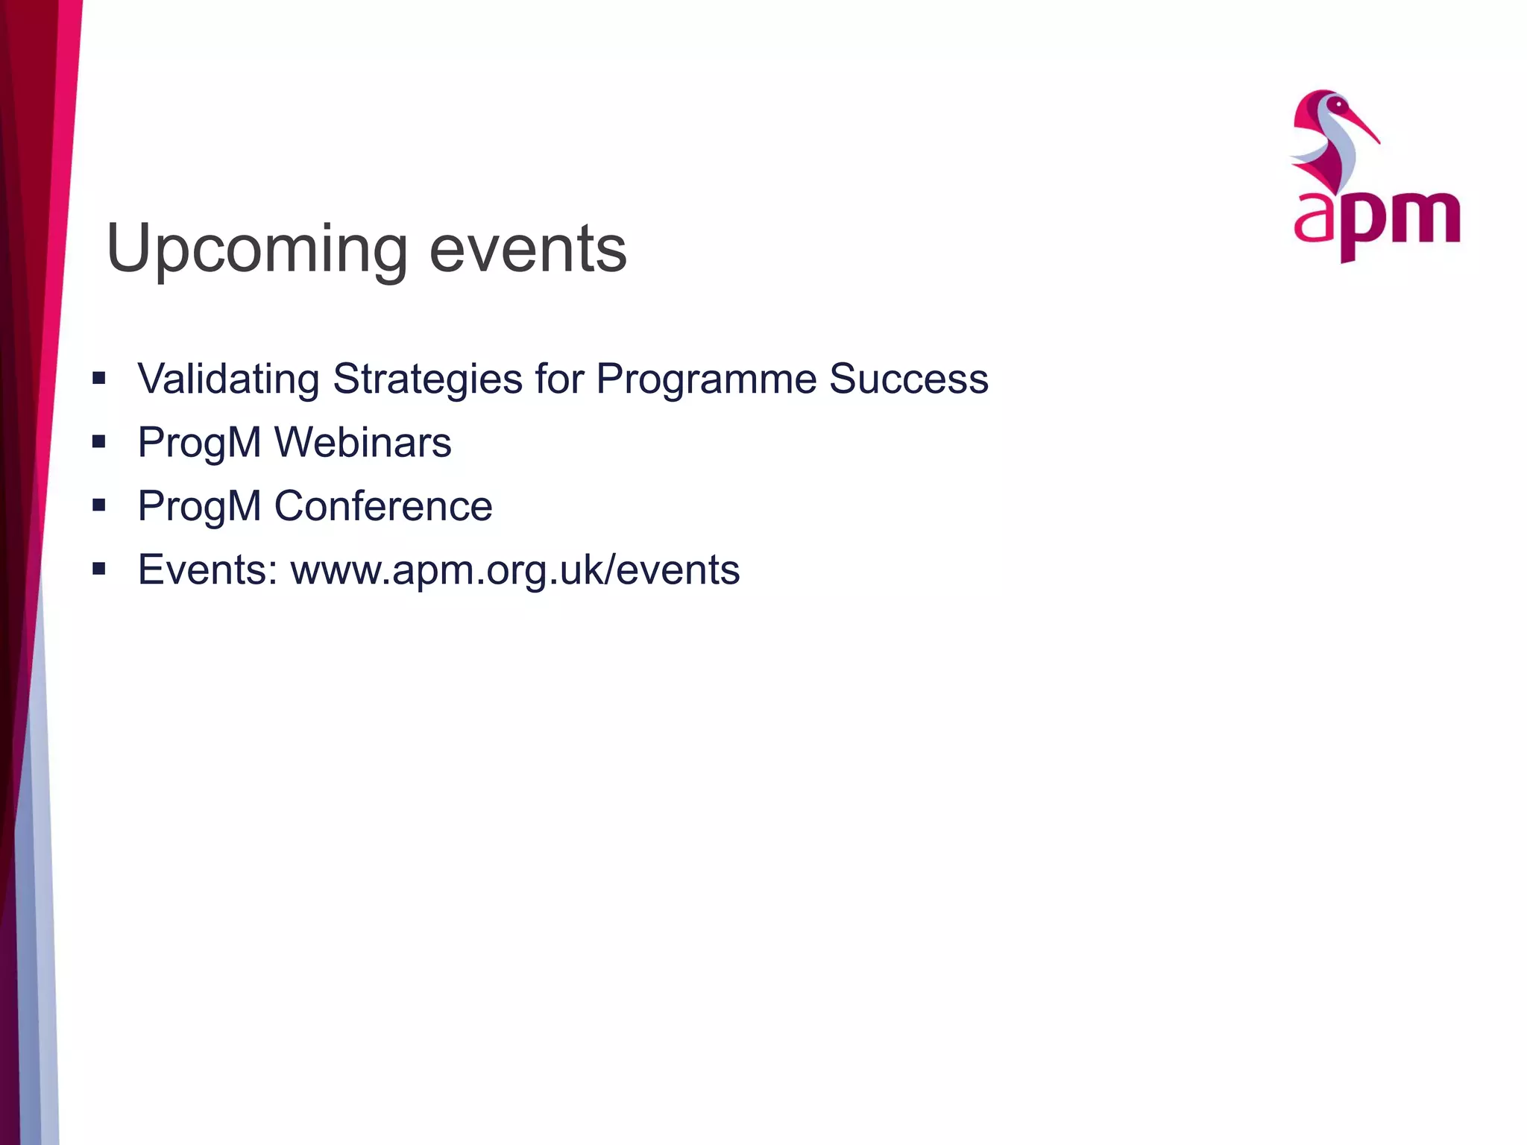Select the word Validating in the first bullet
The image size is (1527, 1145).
tap(229, 379)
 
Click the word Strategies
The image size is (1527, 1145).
tap(427, 380)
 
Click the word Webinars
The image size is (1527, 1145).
tap(362, 442)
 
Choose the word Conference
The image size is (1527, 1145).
tap(383, 506)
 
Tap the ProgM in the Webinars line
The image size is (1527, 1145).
tap(199, 444)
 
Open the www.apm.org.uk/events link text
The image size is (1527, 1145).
tap(515, 571)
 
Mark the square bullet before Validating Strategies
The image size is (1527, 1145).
tap(99, 379)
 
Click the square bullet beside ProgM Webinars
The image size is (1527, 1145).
tap(99, 442)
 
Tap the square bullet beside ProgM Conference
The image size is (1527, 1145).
tap(99, 506)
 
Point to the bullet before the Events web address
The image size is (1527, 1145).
tap(99, 570)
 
